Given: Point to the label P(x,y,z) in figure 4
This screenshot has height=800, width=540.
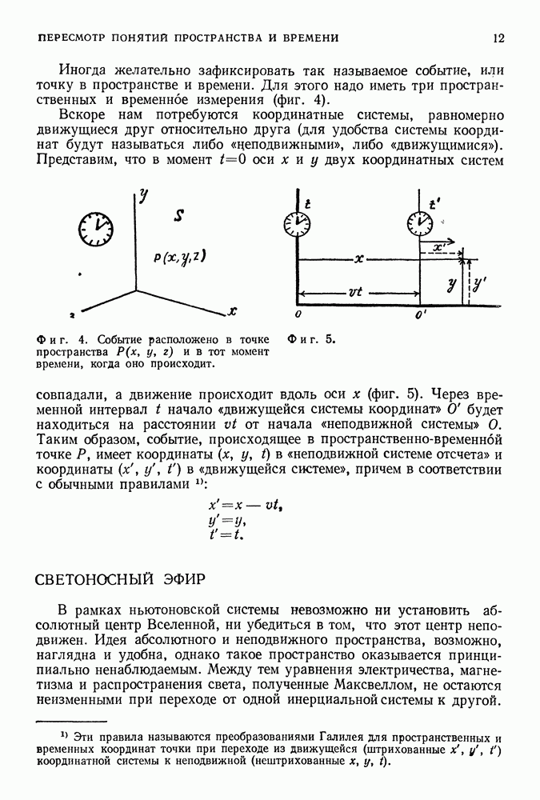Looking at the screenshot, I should click(x=181, y=257).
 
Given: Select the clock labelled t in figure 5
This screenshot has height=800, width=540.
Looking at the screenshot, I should click(x=296, y=221).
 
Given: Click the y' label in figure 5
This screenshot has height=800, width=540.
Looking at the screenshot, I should click(x=478, y=282).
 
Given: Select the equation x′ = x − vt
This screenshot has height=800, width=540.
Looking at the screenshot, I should click(x=237, y=506).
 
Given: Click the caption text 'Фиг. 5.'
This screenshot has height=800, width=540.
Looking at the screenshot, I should click(x=311, y=338).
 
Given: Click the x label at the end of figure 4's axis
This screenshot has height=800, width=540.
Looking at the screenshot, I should click(x=232, y=310).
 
